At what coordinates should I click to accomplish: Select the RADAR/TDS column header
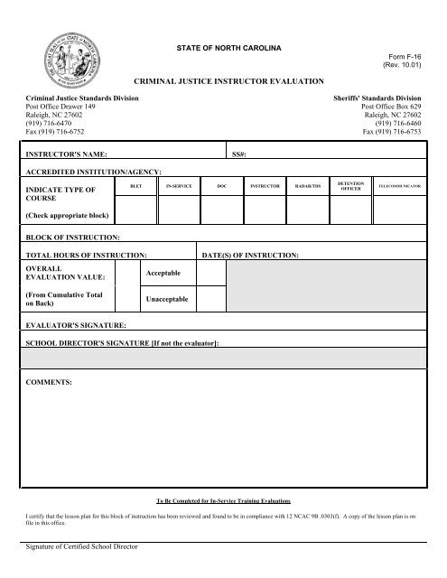tap(308, 183)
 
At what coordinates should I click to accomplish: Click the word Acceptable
tap(163, 273)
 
